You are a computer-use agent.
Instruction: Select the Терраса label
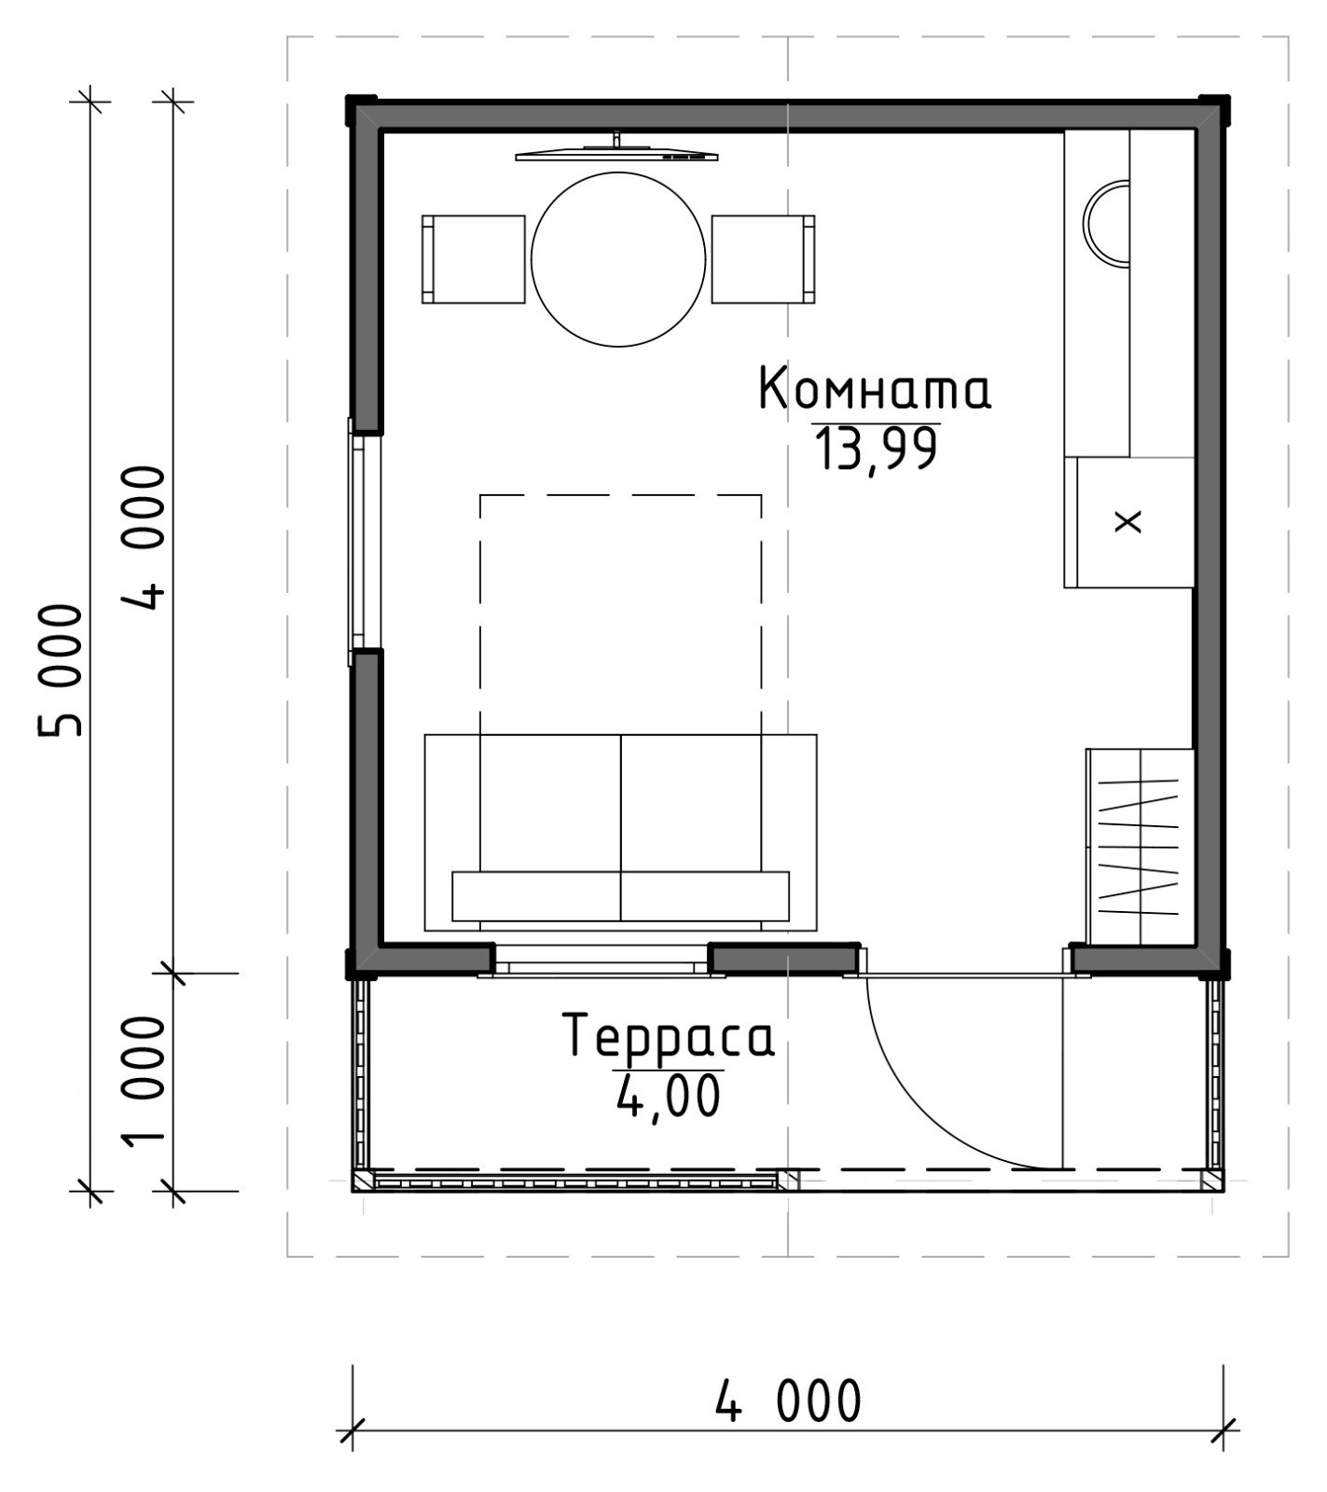coord(668,1037)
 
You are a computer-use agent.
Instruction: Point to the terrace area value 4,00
coord(669,1096)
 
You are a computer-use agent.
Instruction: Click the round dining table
coord(618,259)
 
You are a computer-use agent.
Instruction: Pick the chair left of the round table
coord(474,259)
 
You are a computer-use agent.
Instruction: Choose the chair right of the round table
coord(763,259)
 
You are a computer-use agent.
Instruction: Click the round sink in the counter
coord(1107,224)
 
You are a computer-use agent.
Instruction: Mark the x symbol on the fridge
coord(1128,521)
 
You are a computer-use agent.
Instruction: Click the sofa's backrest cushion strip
coord(621,896)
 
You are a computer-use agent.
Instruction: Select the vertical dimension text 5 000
coord(62,670)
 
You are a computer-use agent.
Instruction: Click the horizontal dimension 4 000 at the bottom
coord(789,1401)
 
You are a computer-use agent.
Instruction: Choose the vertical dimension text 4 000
coord(144,538)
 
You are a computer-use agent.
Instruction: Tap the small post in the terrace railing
coord(789,1181)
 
